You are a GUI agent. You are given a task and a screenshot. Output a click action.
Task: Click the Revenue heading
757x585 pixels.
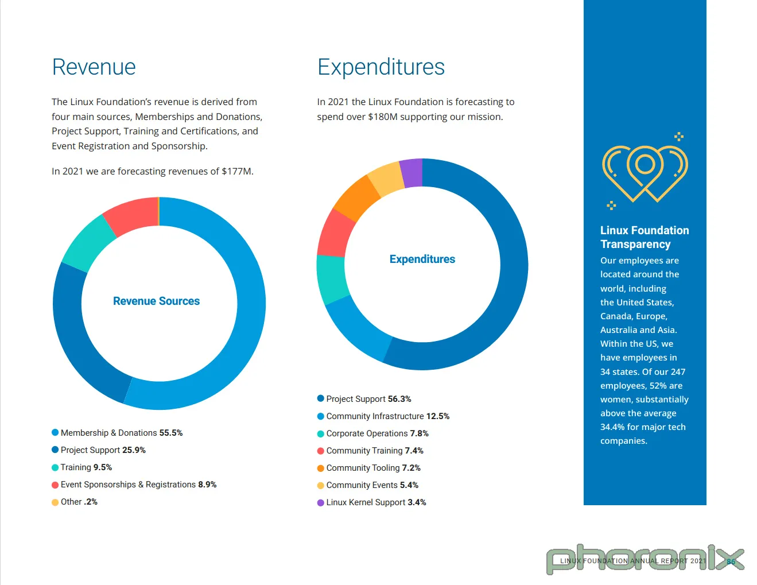click(x=94, y=67)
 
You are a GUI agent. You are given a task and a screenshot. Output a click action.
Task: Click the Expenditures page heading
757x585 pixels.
click(x=381, y=67)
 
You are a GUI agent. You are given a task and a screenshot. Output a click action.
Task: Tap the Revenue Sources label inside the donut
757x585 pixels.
click(x=156, y=301)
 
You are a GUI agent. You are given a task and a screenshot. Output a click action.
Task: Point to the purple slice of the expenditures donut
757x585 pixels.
click(x=412, y=172)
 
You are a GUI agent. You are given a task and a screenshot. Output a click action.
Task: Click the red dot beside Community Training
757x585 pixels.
click(x=321, y=451)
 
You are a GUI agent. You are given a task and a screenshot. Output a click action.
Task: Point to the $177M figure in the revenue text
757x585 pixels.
click(x=236, y=171)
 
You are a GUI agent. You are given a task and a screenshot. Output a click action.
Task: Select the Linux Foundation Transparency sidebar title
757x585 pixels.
click(x=644, y=237)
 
